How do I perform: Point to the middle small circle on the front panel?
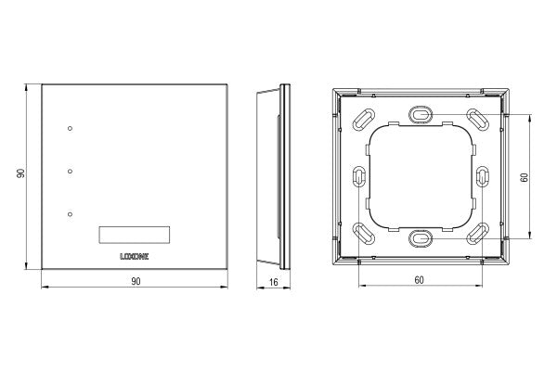71,172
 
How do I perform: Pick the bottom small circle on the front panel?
71,215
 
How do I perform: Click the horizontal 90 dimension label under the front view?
135,281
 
